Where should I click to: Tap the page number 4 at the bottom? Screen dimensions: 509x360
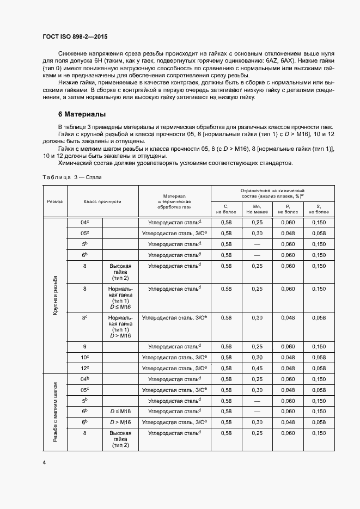tap(44, 463)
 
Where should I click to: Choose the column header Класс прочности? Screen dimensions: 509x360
tap(102, 201)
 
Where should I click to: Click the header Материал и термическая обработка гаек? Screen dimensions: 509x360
tap(174, 201)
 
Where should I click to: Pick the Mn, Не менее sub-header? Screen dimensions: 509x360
tap(257, 209)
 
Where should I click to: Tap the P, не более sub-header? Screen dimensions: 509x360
tap(289, 209)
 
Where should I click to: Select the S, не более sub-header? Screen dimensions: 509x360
tap(319, 209)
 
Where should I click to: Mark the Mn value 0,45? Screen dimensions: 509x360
tap(257, 368)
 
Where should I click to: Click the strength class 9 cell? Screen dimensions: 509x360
tap(84, 346)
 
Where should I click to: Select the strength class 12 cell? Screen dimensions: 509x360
tap(84, 368)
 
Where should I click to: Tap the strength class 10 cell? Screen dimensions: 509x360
tap(84, 357)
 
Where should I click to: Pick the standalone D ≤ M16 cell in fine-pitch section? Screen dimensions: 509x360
tap(120, 411)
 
